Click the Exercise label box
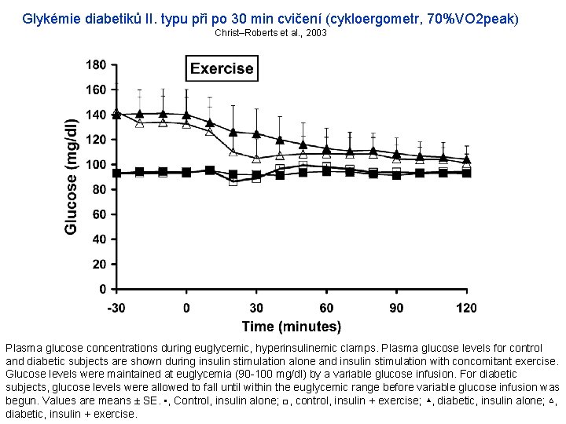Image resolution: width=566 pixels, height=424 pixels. tap(222, 68)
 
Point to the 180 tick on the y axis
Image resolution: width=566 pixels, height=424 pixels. tap(96, 64)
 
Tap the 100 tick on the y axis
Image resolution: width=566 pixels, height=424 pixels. tap(96, 165)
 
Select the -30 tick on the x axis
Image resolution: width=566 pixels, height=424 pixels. tap(116, 308)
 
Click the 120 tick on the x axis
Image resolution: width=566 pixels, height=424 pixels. tap(466, 308)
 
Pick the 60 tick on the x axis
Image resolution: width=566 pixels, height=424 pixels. tap(326, 308)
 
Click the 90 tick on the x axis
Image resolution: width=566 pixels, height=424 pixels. tap(396, 308)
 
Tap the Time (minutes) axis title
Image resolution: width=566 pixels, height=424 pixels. tap(291, 327)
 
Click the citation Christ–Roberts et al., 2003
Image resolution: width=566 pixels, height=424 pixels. tap(270, 33)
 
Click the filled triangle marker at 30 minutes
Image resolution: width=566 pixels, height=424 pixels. tap(256, 134)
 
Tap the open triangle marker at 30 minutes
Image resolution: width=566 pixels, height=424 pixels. tap(256, 158)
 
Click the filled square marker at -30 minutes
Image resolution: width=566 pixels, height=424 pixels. tap(116, 174)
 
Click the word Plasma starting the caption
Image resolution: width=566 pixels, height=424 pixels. tap(24, 346)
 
